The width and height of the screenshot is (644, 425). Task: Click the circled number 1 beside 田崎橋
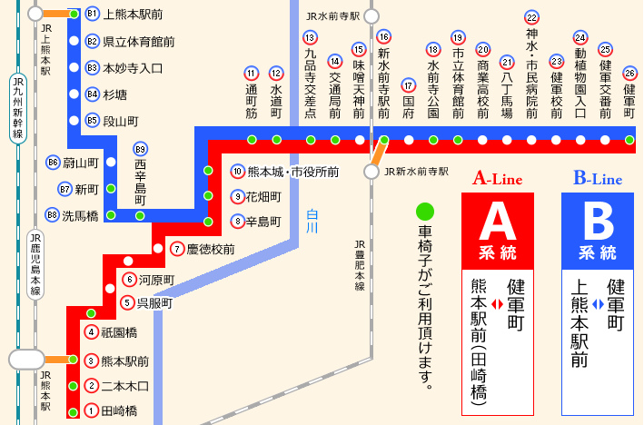tap(91, 411)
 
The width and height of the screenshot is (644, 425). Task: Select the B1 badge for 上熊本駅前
tap(91, 15)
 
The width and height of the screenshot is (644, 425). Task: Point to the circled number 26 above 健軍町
tap(629, 73)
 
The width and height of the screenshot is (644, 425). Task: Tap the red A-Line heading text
tap(498, 179)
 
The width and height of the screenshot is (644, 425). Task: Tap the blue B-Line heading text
tap(598, 179)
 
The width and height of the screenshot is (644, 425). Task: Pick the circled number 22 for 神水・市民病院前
tap(531, 17)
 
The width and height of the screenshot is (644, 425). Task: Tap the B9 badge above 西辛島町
tap(140, 149)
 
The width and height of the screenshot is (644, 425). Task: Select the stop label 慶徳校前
tap(211, 248)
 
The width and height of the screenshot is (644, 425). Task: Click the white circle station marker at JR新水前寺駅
tap(372, 171)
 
